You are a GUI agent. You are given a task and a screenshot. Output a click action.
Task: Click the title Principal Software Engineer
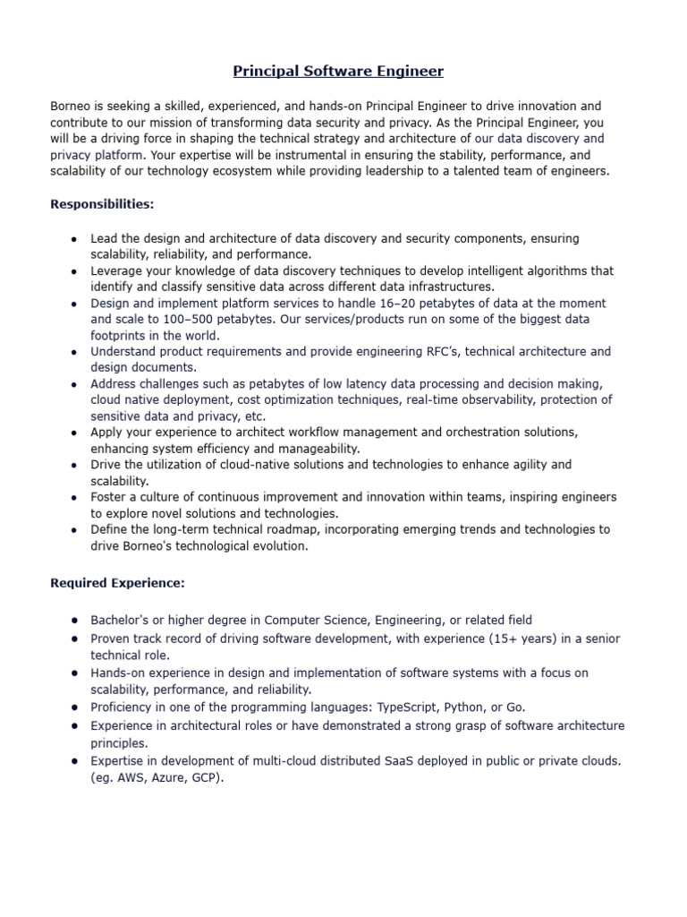tap(338, 70)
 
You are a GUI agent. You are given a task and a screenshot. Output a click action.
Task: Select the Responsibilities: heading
tap(102, 204)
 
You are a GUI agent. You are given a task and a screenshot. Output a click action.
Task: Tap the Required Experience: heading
tap(117, 584)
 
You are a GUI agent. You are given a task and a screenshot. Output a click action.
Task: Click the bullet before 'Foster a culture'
tap(72, 498)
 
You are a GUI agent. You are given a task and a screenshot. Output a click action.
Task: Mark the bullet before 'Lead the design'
tap(72, 239)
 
